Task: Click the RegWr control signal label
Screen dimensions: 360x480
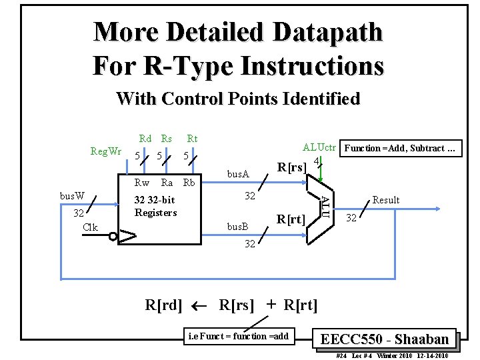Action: point(106,151)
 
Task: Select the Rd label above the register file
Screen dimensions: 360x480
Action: point(145,139)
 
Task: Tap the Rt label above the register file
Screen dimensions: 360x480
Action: point(192,139)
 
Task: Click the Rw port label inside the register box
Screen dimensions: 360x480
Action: point(142,183)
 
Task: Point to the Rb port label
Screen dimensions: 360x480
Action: point(189,183)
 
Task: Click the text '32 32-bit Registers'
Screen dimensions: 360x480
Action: point(155,207)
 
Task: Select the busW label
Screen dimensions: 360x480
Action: point(72,196)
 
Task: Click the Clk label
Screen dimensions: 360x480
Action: point(90,227)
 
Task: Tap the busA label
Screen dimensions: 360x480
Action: point(238,174)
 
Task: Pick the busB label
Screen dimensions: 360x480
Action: point(238,227)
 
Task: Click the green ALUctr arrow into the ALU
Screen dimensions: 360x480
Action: point(321,172)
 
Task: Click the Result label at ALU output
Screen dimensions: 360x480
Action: point(386,200)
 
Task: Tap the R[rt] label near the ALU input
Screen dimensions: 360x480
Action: point(291,218)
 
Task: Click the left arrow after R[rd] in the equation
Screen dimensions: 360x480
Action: point(199,306)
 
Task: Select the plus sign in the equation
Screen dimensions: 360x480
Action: point(271,305)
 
